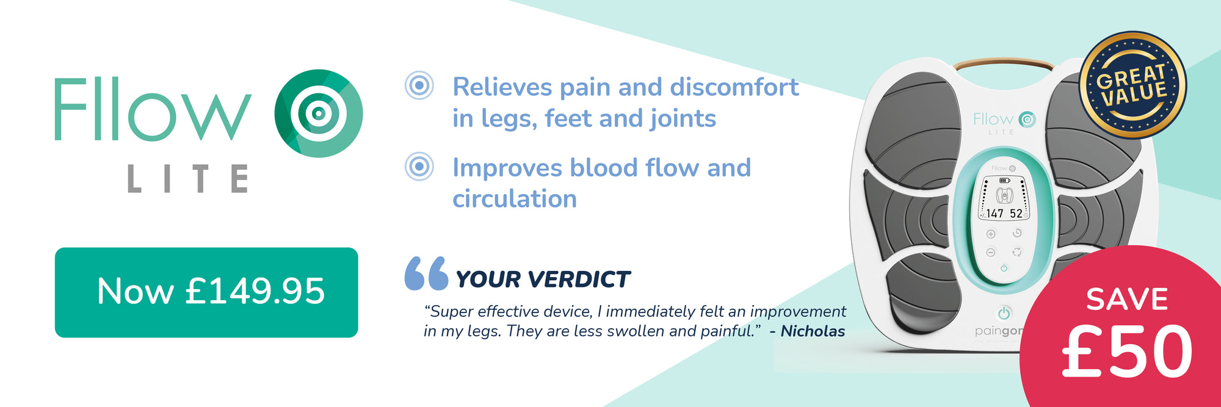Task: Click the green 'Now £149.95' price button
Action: click(206, 292)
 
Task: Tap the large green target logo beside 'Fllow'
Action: click(319, 113)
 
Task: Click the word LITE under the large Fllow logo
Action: click(188, 179)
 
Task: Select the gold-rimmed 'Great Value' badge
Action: click(1133, 85)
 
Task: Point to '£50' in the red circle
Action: click(1127, 351)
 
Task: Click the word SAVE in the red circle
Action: click(1127, 299)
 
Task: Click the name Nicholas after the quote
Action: click(813, 331)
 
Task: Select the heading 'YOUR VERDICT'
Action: click(543, 279)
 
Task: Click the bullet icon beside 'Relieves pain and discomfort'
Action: click(419, 86)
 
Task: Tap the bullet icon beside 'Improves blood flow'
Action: click(419, 166)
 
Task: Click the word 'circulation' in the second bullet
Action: click(515, 199)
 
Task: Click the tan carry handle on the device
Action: click(1003, 63)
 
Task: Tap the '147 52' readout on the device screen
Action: click(1004, 214)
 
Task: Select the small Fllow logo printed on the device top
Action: click(1004, 120)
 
